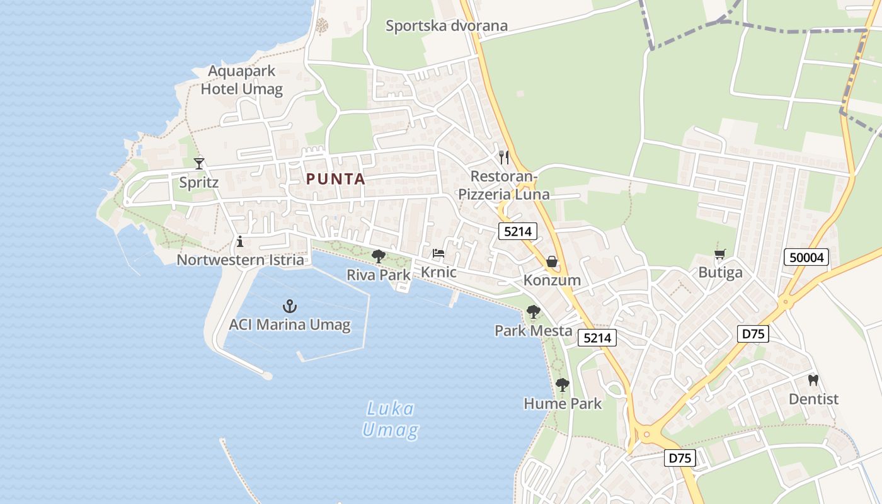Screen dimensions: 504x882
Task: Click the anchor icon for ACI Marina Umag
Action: (289, 307)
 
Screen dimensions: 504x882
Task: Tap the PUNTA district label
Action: (336, 179)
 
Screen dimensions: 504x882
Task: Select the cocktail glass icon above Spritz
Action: (199, 164)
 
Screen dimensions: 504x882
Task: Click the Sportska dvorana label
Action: (447, 26)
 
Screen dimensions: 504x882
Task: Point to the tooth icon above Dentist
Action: (813, 381)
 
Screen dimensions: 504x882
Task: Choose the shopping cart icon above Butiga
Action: (720, 255)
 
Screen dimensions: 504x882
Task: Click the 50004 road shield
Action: (806, 257)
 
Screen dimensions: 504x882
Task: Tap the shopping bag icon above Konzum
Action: (552, 261)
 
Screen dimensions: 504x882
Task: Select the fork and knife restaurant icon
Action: (504, 157)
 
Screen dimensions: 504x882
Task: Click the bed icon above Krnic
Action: (438, 254)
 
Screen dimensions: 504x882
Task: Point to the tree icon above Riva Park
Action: (379, 256)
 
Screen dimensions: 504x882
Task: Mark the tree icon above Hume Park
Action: (563, 384)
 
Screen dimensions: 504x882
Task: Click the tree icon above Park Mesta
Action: (534, 311)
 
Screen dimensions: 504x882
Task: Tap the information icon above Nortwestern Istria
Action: (239, 241)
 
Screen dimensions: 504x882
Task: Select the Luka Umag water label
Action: (391, 420)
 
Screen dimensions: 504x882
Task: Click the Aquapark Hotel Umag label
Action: (242, 80)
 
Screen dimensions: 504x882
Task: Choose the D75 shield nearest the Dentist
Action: (753, 334)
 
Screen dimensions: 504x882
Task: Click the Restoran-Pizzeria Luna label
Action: (504, 185)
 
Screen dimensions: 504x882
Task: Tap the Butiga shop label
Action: (720, 273)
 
